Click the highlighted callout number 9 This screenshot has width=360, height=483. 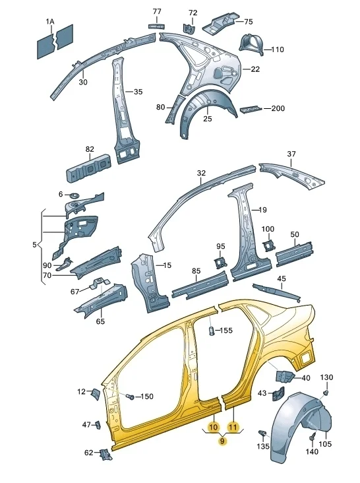[223, 441]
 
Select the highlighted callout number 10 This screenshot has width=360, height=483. [213, 427]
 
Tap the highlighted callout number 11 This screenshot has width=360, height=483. [233, 427]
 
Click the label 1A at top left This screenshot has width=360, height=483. [50, 22]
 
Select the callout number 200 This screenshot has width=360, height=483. [278, 108]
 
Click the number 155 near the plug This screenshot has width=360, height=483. [226, 330]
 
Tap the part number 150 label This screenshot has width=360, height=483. [146, 396]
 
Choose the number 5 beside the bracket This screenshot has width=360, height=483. [34, 245]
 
